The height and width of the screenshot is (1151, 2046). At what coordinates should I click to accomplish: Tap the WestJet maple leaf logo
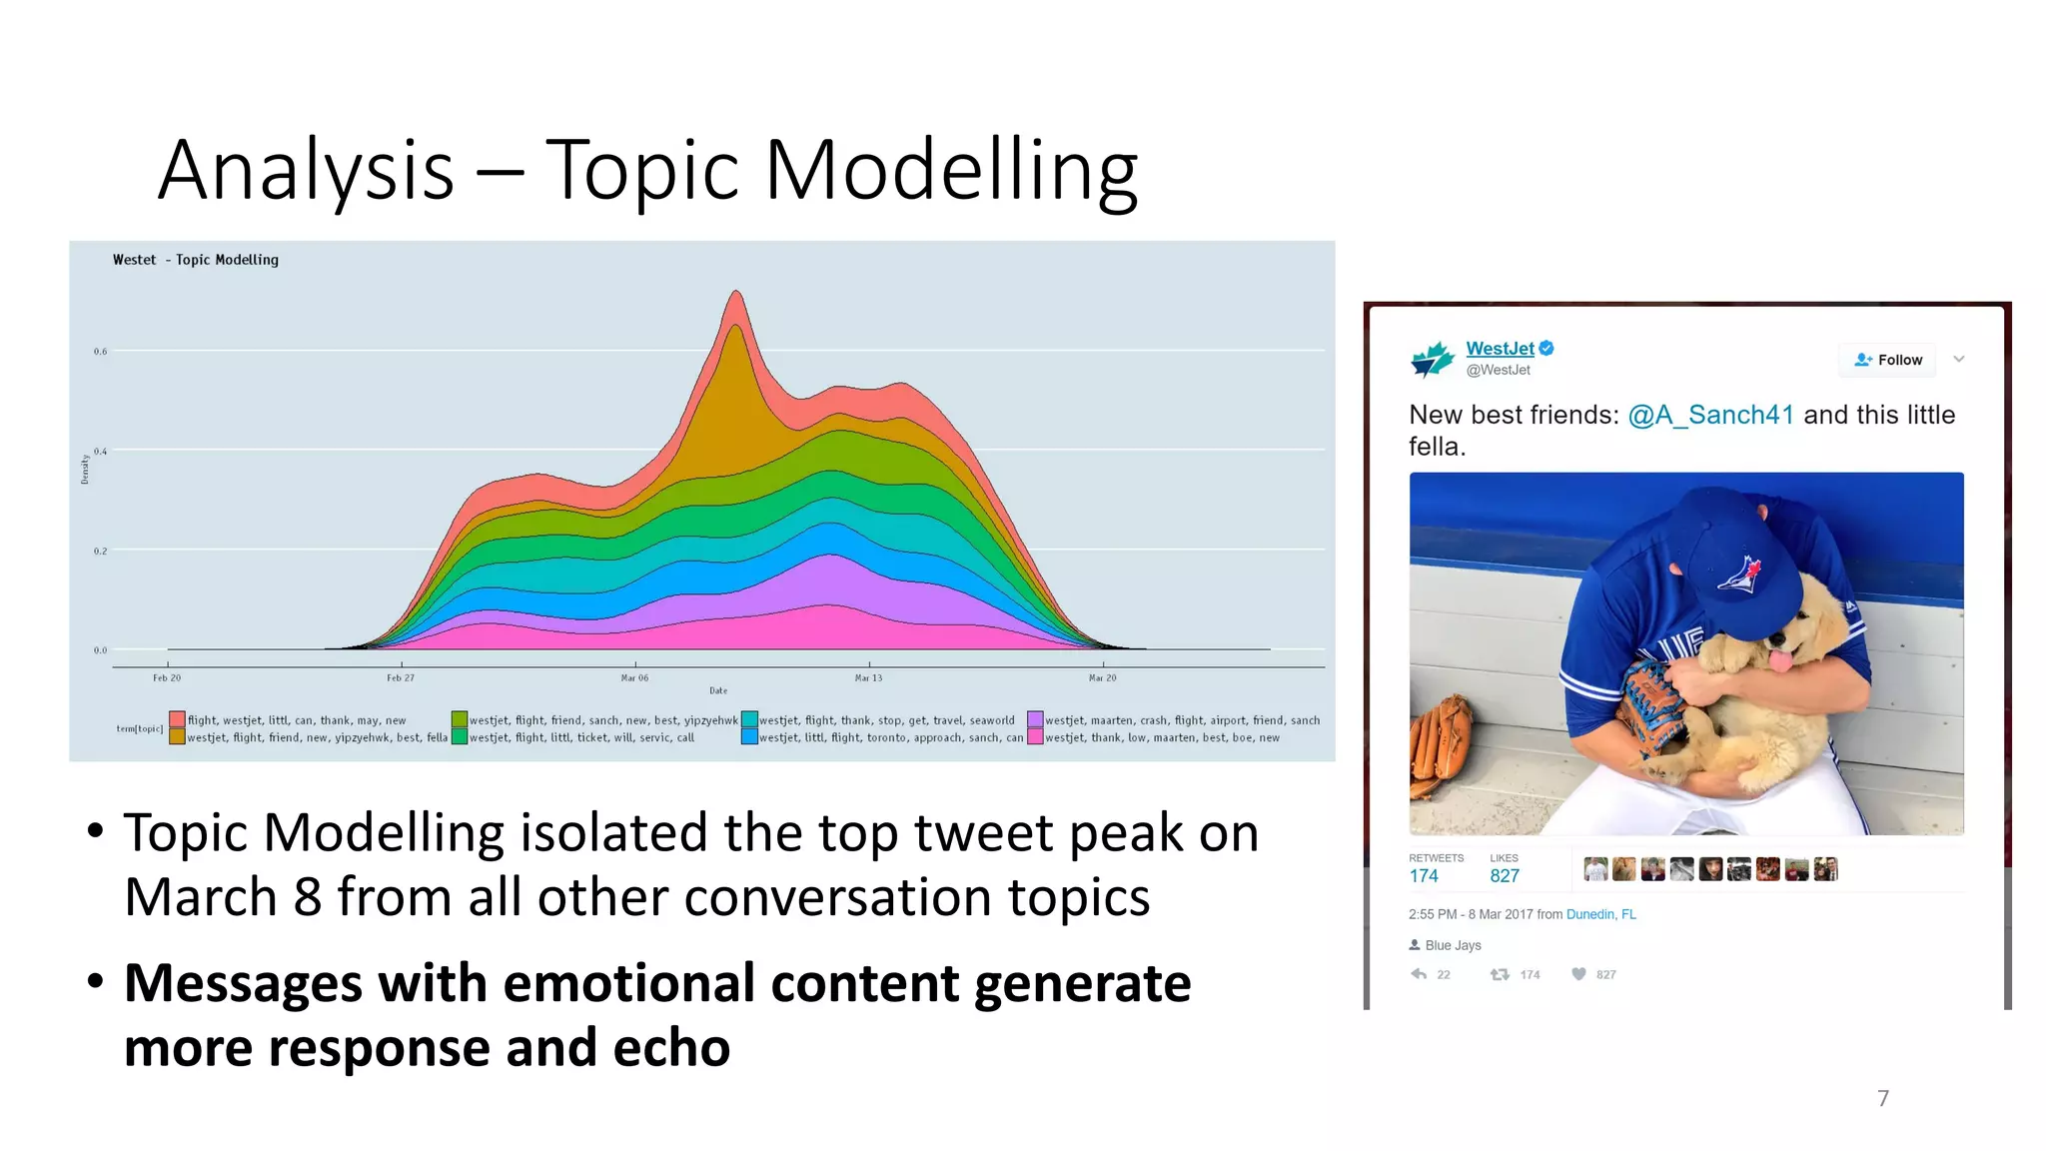coord(1432,359)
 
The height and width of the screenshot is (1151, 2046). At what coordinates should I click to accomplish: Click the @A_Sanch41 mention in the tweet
coord(1710,415)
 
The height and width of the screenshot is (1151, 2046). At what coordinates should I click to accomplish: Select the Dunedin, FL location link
coord(1600,914)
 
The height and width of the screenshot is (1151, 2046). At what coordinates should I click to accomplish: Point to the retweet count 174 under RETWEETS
coord(1424,876)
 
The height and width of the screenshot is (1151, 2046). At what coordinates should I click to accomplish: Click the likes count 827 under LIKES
coord(1504,876)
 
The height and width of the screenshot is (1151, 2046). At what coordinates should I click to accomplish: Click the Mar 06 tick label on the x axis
coord(634,678)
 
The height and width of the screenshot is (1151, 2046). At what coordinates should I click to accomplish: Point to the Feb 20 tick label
coord(167,678)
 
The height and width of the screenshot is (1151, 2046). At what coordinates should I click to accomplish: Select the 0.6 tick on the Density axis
coord(100,352)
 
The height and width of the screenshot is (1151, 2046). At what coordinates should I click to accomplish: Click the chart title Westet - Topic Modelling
coord(196,260)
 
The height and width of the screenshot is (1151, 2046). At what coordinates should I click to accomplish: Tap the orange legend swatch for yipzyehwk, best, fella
coord(177,737)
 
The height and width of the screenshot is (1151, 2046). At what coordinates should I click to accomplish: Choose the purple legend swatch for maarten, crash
coord(1035,719)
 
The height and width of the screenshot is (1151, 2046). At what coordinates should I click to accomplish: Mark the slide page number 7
coord(1882,1099)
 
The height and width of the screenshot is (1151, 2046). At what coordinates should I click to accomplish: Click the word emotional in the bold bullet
coord(628,983)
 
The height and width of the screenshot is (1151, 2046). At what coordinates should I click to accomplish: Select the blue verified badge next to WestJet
coord(1546,348)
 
